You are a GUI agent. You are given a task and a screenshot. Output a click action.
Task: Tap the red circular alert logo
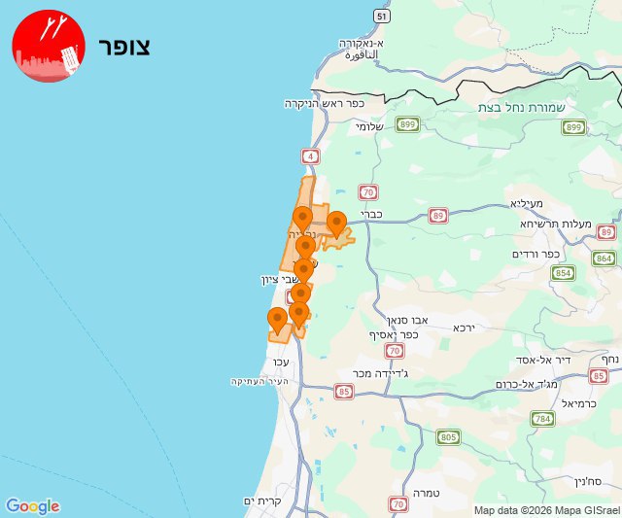[49, 46]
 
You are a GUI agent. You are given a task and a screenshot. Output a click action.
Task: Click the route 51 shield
[383, 17]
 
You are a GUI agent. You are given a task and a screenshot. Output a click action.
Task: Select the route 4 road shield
[310, 155]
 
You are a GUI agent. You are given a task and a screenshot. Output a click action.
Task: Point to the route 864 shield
[605, 258]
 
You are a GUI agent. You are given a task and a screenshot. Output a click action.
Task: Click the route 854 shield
[563, 273]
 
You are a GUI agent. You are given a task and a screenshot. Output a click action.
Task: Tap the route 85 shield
[343, 392]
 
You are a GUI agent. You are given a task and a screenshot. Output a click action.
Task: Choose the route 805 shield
[448, 438]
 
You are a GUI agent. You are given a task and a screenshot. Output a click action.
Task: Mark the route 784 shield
[542, 419]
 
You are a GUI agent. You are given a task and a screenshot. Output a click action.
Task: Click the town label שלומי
[370, 126]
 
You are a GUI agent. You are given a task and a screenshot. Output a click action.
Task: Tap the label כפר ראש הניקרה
[324, 103]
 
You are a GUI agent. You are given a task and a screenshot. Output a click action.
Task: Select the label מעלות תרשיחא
[556, 224]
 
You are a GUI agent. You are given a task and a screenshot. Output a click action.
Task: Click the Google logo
[32, 506]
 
